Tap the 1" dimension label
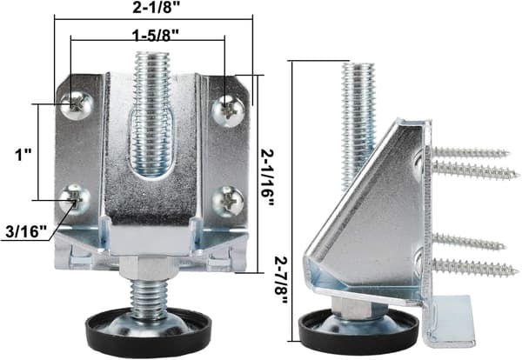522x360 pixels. tap(23, 155)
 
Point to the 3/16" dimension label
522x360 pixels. tap(27, 231)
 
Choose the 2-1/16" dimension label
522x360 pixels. tap(267, 177)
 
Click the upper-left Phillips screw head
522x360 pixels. tap(77, 105)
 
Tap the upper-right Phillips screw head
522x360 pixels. tap(229, 111)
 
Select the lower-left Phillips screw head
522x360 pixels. tap(75, 200)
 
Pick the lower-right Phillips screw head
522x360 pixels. tap(228, 202)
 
